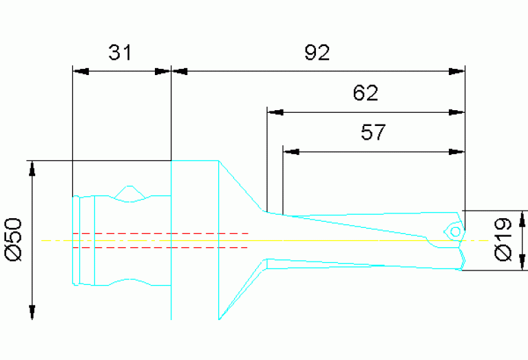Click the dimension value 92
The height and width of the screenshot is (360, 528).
(x=317, y=53)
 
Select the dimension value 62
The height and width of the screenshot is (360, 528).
(x=366, y=94)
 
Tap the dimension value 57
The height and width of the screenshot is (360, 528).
(x=373, y=132)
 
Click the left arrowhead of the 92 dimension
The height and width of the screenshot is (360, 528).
(x=179, y=71)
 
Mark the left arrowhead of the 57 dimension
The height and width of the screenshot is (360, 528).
(x=291, y=151)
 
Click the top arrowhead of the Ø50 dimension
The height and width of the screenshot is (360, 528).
(x=31, y=169)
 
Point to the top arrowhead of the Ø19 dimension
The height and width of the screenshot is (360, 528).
(x=524, y=219)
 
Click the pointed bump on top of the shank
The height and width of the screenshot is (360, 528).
(x=128, y=187)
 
